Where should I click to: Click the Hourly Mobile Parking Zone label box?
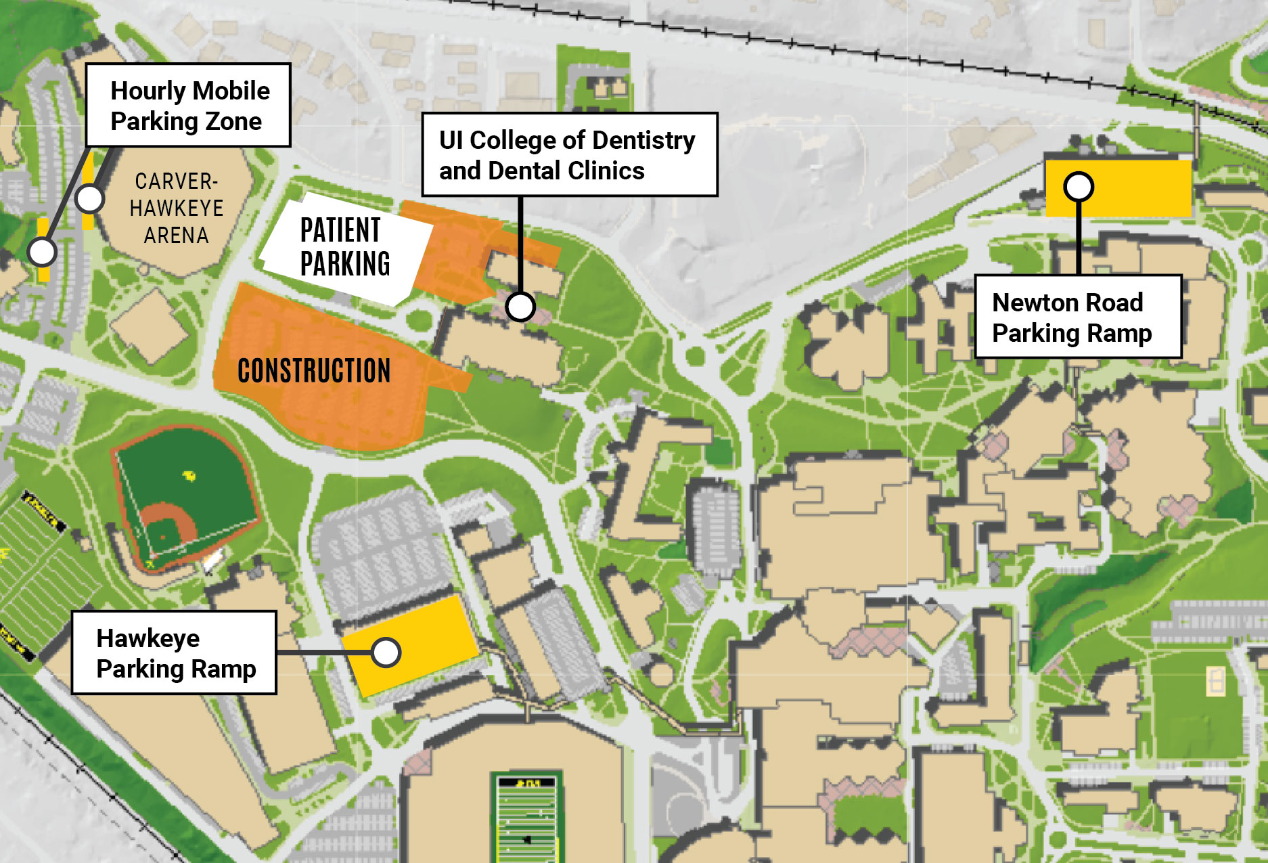188,106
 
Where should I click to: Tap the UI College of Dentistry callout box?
568,155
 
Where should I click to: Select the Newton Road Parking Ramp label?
1077,317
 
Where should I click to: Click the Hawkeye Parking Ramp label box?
174,652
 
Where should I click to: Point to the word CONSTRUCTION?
314,371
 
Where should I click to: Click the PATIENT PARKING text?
344,247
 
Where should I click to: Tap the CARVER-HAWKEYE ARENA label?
176,208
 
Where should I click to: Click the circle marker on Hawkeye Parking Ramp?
386,652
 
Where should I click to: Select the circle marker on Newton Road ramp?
1078,186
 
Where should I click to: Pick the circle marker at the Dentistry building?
520,307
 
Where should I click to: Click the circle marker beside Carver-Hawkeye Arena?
89,199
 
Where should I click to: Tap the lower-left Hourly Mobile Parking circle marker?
42,252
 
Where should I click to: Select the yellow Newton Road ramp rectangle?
1137,188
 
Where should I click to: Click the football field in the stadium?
526,819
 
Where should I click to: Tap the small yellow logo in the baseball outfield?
189,477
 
